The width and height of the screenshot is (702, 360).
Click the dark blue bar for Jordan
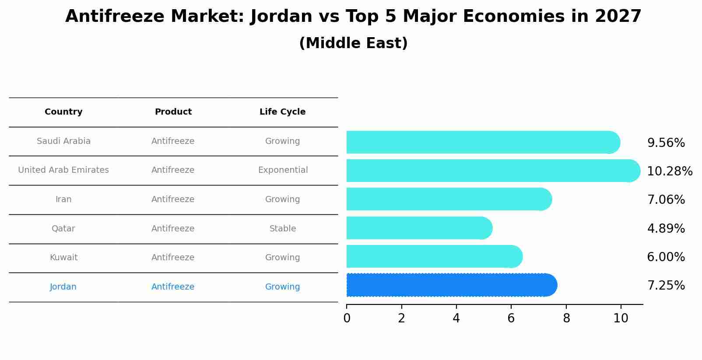point(451,285)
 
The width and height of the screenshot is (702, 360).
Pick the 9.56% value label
point(666,143)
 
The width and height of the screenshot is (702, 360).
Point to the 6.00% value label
point(666,257)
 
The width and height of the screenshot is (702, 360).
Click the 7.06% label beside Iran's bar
point(666,200)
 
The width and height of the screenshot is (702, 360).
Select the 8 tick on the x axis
point(566,318)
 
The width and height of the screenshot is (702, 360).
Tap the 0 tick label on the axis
point(347,318)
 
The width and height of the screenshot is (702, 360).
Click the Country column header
point(63,112)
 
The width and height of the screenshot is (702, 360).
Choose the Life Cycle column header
point(282,112)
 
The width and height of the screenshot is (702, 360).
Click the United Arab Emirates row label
point(63,170)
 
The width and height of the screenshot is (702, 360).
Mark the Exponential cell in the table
point(283,170)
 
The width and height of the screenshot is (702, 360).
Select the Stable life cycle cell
point(283,229)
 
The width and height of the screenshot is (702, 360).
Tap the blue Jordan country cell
point(63,287)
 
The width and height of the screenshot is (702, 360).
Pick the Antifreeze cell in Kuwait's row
point(173,258)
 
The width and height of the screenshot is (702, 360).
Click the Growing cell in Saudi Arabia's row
point(282,141)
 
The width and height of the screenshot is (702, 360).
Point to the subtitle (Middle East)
point(353,43)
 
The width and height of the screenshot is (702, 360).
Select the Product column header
point(173,112)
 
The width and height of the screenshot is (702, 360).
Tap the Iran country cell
point(63,199)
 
